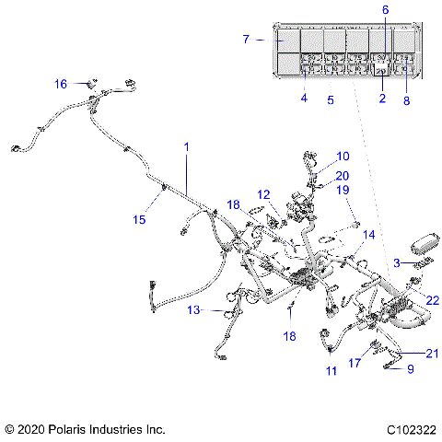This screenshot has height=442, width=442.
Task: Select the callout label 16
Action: coord(61,84)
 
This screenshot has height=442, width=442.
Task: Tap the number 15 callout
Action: coord(140,219)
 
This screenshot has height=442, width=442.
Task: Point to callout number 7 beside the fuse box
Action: coord(246,40)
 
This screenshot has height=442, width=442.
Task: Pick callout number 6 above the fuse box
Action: coord(386,9)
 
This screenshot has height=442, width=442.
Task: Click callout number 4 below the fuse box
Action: coord(303,98)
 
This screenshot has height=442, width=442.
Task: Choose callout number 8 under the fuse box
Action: coord(406,103)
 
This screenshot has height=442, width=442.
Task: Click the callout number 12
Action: coord(263,194)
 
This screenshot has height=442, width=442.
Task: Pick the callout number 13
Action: coord(194,310)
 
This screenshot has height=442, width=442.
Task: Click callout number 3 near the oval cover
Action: coord(396,263)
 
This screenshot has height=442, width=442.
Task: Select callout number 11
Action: coord(331,370)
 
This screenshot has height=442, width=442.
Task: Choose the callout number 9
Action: coord(410,369)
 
